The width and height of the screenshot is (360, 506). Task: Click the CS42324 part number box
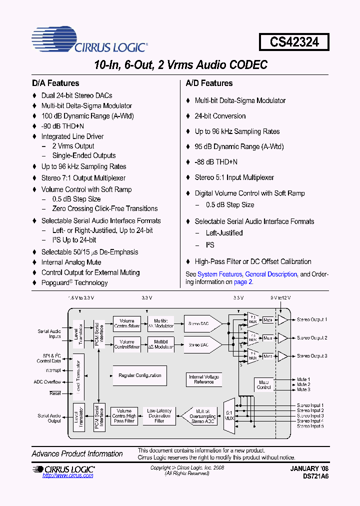[x=294, y=42]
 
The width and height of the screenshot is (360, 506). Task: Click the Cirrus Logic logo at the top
[x=89, y=41]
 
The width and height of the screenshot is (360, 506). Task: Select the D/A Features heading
[x=55, y=83]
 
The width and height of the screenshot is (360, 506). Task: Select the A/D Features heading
[x=209, y=83]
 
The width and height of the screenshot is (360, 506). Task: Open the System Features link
[x=219, y=274]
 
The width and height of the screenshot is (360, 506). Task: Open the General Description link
[x=271, y=274]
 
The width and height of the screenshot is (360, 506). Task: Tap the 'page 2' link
[x=243, y=281]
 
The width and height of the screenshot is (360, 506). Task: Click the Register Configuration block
[x=140, y=375]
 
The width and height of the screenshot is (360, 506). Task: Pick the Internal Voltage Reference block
[x=203, y=379]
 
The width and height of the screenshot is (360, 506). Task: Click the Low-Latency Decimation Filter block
[x=159, y=416]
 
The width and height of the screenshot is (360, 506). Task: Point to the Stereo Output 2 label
[x=312, y=338]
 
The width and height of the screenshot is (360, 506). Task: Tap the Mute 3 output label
[x=303, y=389]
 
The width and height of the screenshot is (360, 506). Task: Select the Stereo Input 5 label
[x=310, y=426]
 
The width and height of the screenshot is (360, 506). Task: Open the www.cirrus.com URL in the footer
[x=68, y=475]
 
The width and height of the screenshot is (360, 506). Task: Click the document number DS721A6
[x=315, y=476]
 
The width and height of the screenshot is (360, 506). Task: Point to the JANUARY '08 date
[x=309, y=468]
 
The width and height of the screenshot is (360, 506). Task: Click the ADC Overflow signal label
[x=47, y=382]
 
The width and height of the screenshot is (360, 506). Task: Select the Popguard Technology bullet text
[x=74, y=283]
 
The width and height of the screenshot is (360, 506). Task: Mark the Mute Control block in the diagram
[x=264, y=384]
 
